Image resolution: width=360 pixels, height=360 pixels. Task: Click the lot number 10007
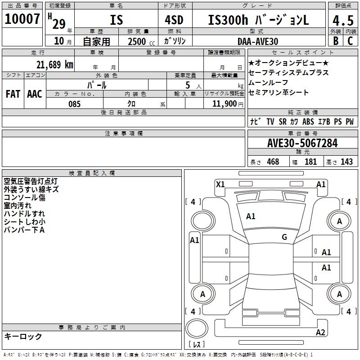click(x=22, y=19)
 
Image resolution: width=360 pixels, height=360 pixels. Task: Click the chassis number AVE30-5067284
click(x=302, y=143)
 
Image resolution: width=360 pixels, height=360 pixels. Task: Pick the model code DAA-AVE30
click(x=257, y=41)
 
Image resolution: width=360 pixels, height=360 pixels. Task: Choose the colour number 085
click(x=74, y=104)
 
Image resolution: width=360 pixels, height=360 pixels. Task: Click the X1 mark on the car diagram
click(x=220, y=184)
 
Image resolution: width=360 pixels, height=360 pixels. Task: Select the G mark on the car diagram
click(x=284, y=237)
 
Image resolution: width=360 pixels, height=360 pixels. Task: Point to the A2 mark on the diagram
click(x=320, y=333)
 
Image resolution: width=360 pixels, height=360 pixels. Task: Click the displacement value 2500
click(x=137, y=41)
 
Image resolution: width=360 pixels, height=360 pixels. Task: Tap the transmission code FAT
click(x=13, y=94)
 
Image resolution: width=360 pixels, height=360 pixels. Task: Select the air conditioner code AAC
click(x=34, y=94)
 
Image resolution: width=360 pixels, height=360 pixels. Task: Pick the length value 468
click(x=273, y=162)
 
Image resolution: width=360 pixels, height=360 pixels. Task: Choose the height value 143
click(x=346, y=162)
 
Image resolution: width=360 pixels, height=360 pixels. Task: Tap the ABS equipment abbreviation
click(x=308, y=122)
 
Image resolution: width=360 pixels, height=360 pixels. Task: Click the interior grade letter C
click(x=350, y=41)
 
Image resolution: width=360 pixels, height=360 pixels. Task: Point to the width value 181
click(x=310, y=162)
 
